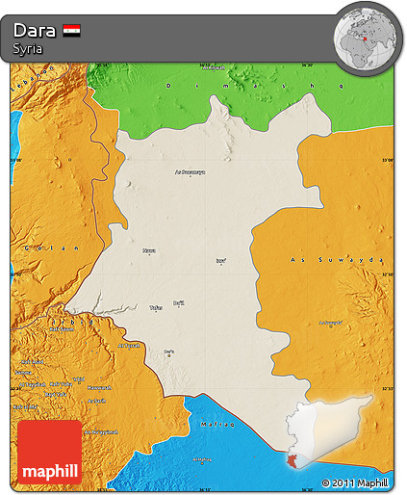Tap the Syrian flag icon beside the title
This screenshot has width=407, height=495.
click(71, 30)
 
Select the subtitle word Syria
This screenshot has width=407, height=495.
click(27, 48)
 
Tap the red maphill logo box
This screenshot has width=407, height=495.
click(49, 452)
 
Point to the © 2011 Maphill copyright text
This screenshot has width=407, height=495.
click(355, 482)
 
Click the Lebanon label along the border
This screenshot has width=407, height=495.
click(38, 75)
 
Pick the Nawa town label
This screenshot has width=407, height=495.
click(149, 251)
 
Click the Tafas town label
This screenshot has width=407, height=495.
click(155, 308)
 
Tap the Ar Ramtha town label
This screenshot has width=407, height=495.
click(129, 345)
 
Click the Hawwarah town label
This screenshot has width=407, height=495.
click(96, 388)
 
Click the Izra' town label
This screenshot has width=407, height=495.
click(221, 260)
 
